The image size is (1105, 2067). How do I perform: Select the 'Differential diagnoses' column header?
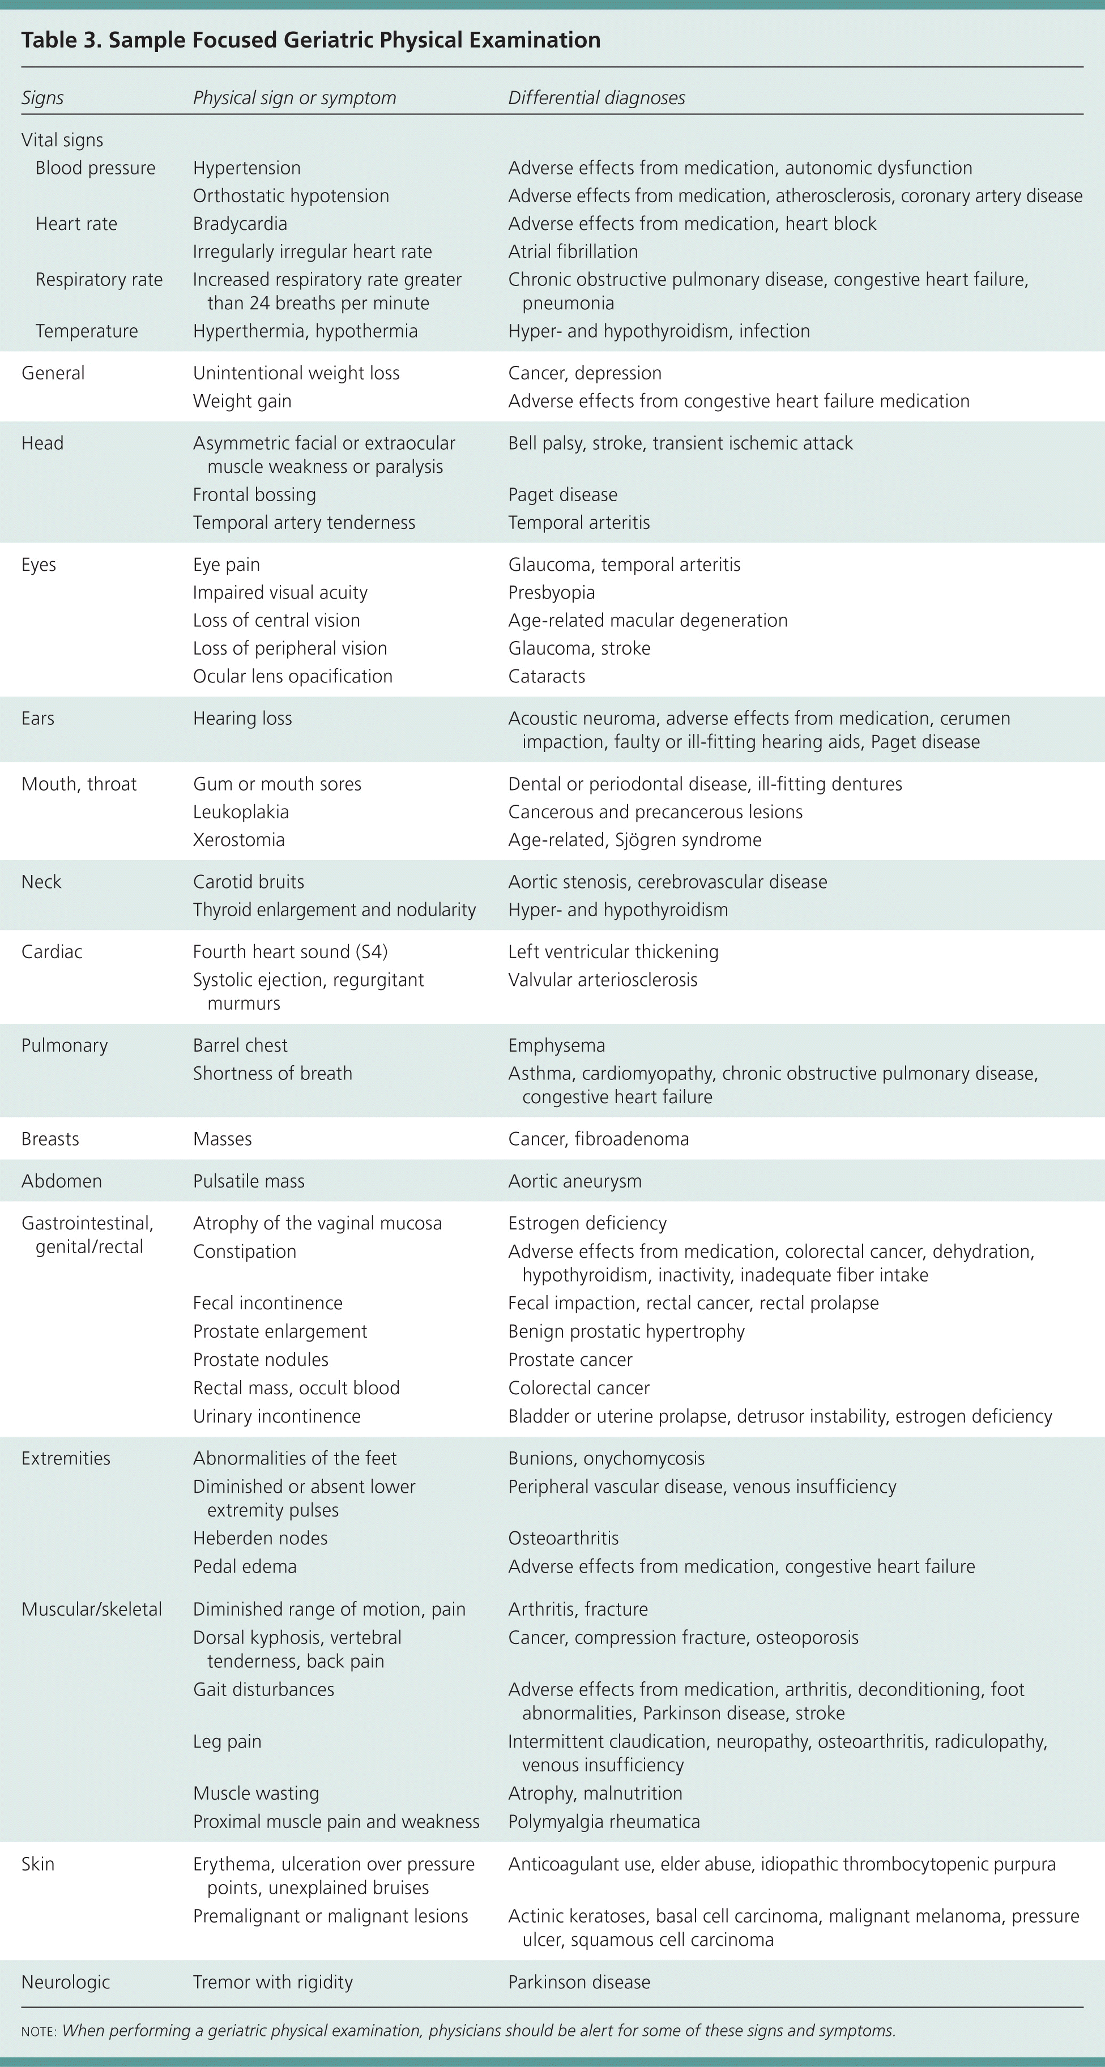click(596, 98)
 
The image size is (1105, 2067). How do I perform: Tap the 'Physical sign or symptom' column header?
click(294, 98)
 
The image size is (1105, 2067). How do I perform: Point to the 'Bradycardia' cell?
click(239, 224)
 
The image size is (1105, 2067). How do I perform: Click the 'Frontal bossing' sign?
click(254, 495)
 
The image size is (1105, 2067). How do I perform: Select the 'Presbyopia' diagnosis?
click(551, 593)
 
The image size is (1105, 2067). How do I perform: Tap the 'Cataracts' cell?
click(547, 676)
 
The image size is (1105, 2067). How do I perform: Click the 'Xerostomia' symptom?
click(238, 840)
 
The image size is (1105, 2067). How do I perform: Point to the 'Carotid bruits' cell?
click(248, 882)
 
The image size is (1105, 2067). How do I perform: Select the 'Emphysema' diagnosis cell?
click(556, 1045)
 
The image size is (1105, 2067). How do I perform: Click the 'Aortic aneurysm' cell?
click(574, 1181)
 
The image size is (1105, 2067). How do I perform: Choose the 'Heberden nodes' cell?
click(260, 1538)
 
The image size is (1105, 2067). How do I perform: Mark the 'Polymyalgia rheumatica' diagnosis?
click(603, 1821)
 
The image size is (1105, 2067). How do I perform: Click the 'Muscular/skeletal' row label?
click(92, 1609)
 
